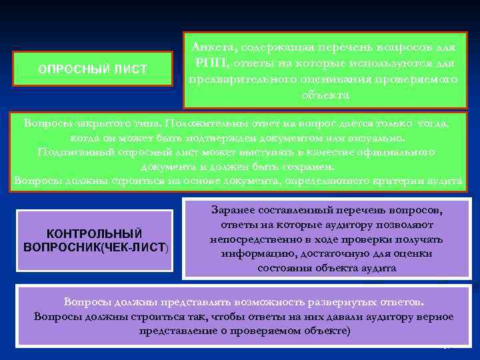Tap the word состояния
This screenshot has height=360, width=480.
pyautogui.click(x=283, y=268)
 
